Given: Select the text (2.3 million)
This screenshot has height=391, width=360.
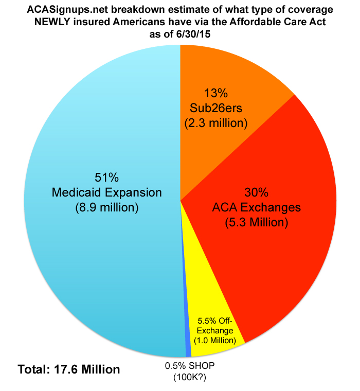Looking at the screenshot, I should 216,123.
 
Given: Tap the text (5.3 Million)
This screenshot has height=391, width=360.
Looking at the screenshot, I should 257,223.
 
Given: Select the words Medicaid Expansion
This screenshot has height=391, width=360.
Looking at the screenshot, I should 107,192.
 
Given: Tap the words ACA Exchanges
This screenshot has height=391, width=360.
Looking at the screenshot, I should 257,208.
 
